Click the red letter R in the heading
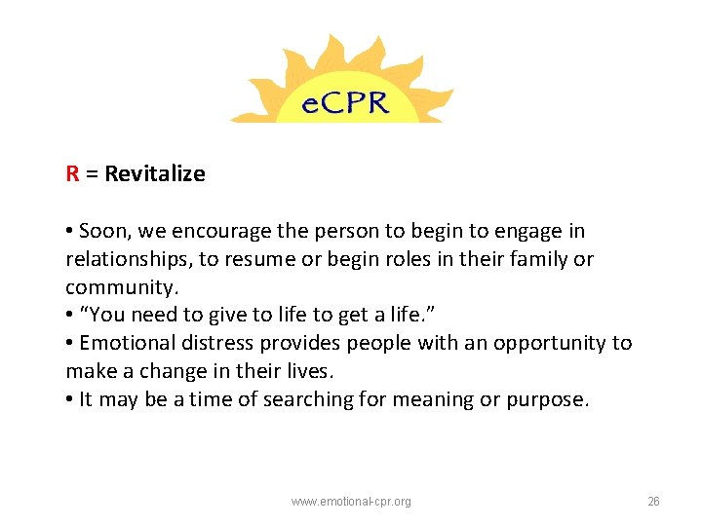(x=72, y=174)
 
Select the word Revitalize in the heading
(x=155, y=174)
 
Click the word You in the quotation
(x=107, y=316)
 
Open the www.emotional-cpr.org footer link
(x=351, y=502)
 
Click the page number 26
(x=653, y=502)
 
